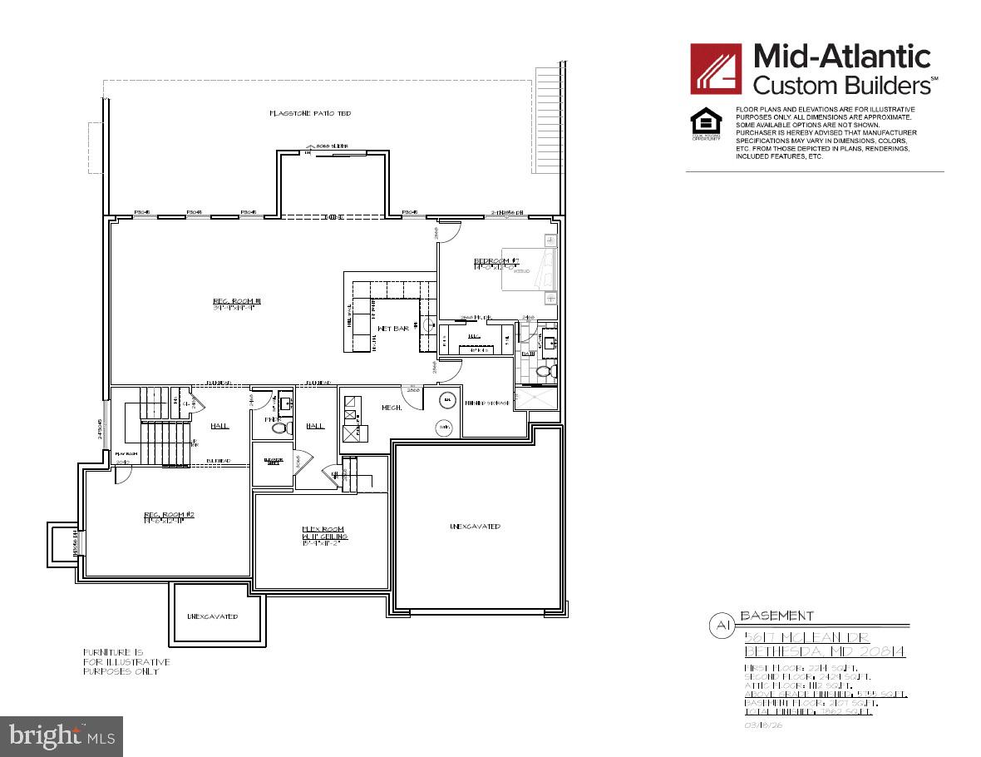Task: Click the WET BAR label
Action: click(x=392, y=329)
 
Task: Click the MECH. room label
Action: click(x=392, y=408)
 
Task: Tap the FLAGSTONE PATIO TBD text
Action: click(x=309, y=112)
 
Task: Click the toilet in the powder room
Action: click(x=280, y=428)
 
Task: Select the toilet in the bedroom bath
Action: click(x=545, y=372)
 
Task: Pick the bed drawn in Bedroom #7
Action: click(x=528, y=268)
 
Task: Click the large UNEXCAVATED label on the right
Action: click(x=475, y=527)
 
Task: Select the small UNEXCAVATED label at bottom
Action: click(x=212, y=616)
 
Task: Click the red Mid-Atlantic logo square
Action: click(x=716, y=68)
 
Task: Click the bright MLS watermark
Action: click(x=62, y=736)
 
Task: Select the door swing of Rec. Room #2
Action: click(x=122, y=474)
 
